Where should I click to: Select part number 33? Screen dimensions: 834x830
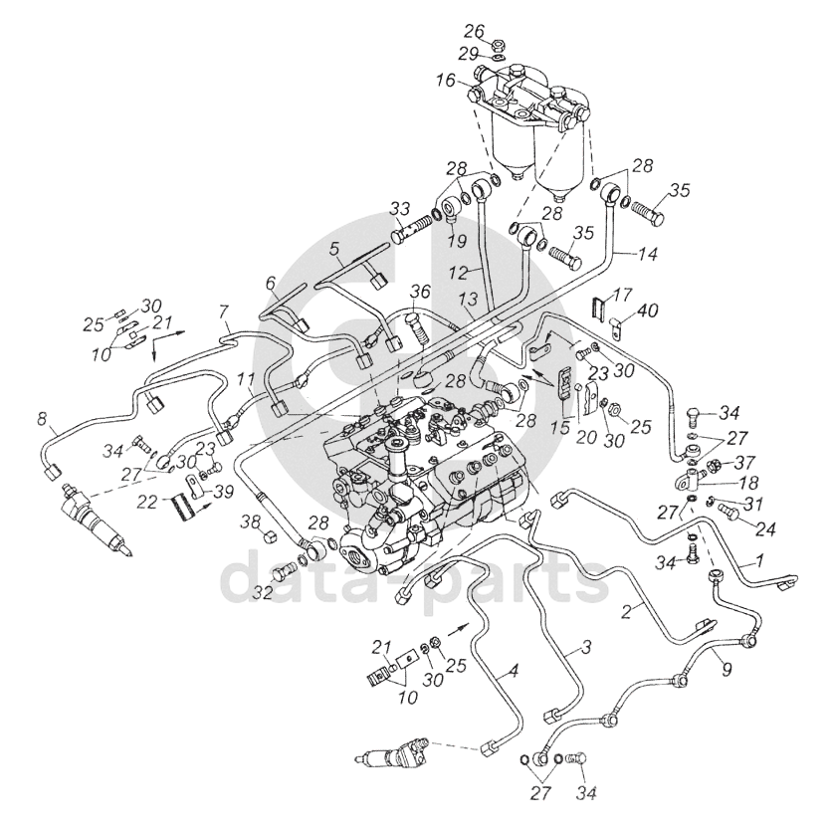(x=400, y=208)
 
